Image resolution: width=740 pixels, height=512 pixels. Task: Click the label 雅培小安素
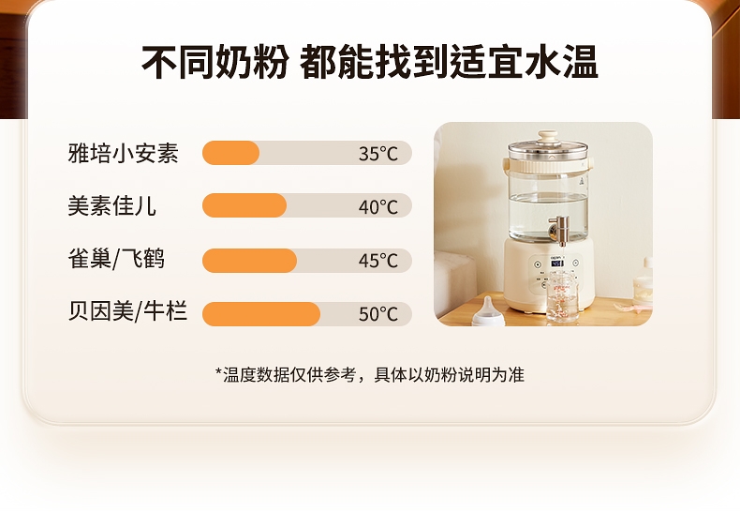coord(123,153)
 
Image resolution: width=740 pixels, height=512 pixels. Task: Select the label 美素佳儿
coord(111,206)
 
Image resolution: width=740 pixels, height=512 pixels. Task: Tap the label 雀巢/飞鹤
coord(116,259)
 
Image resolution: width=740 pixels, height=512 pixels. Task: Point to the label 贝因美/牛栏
coord(127,311)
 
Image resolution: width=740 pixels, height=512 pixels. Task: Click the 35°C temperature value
coord(378,154)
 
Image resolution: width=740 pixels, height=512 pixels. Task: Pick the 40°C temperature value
coord(378,206)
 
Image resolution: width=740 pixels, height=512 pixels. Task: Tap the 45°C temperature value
coord(378,261)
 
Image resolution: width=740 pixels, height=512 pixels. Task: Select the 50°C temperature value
coord(378,313)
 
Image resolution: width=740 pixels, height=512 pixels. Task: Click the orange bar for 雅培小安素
coord(230,153)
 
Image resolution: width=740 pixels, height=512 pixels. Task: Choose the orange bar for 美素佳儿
coord(244,205)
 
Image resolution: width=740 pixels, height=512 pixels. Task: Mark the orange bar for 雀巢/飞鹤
coord(250,261)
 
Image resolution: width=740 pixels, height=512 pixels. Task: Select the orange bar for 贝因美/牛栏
coord(261,314)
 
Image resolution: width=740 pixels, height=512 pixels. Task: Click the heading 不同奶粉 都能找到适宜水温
coord(370,62)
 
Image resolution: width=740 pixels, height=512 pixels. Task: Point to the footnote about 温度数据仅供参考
coord(370,374)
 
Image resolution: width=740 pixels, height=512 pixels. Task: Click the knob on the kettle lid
coord(547,138)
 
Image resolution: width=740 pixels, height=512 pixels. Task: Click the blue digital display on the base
coord(557,263)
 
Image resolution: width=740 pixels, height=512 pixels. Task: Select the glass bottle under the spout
coord(562,297)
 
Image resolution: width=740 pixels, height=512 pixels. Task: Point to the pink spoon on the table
coord(633,309)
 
